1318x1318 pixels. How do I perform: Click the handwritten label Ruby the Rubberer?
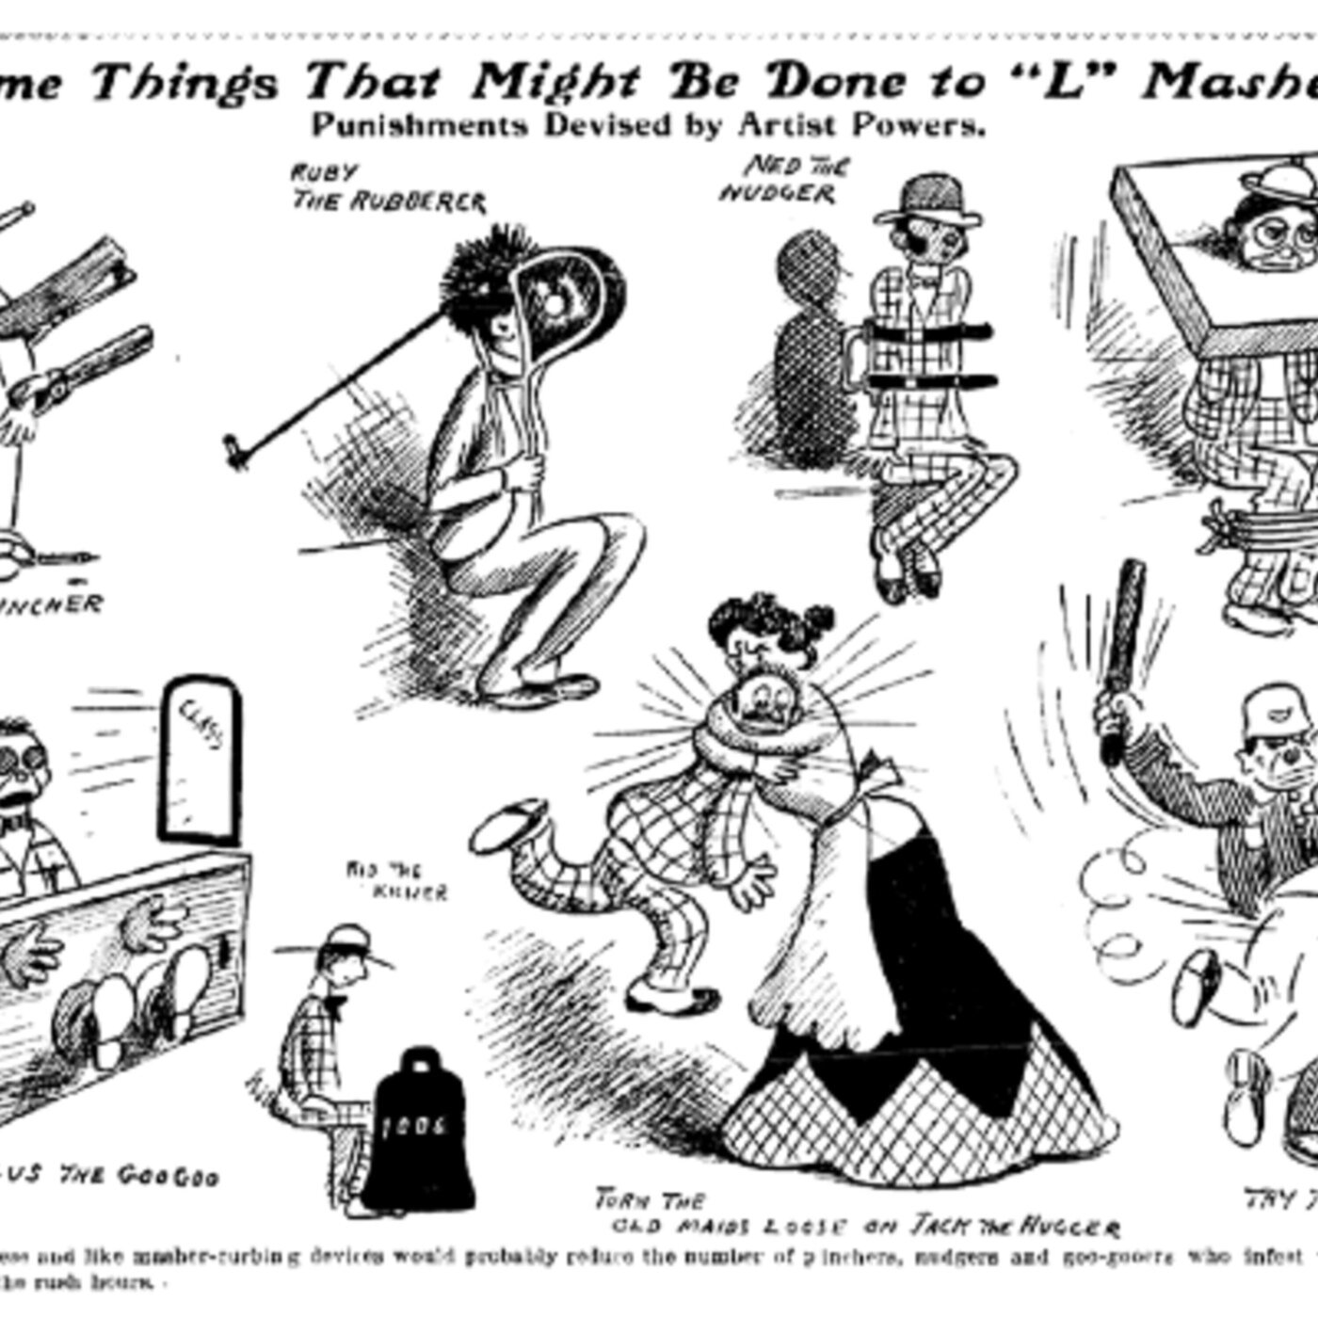387,187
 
